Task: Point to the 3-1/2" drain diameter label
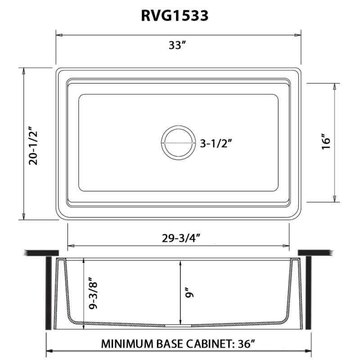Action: (x=218, y=144)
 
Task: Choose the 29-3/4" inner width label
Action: (x=178, y=238)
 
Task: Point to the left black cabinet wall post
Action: (x=48, y=292)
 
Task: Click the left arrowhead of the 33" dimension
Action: (x=58, y=34)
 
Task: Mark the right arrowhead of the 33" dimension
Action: (x=298, y=34)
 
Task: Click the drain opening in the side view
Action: (x=178, y=324)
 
